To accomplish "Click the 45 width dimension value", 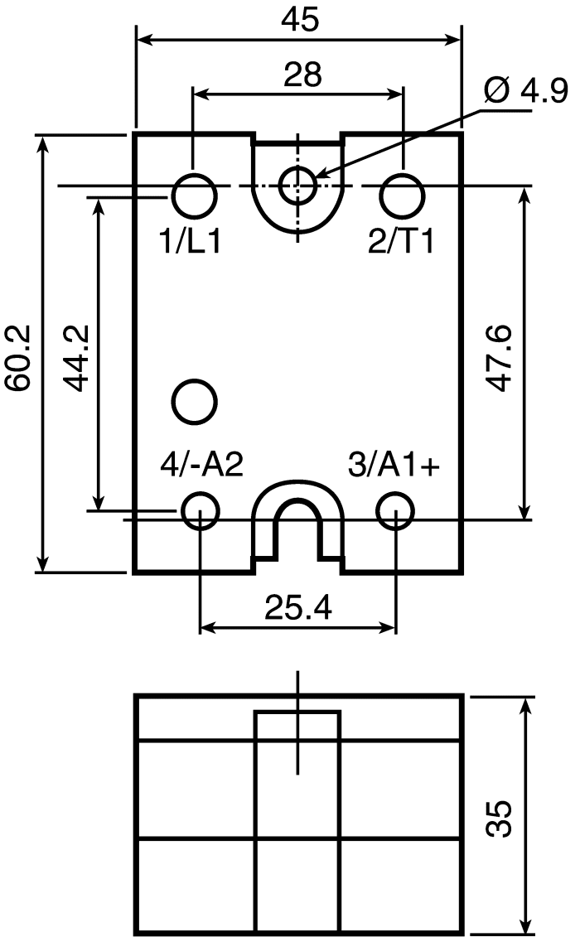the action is click(301, 20).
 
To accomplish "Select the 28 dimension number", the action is click(302, 75).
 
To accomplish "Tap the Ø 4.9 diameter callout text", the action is click(525, 91).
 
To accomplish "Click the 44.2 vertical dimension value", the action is click(76, 358).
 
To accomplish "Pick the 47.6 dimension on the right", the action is click(497, 358).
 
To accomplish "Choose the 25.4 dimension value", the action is click(298, 608).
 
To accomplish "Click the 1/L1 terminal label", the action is click(190, 242).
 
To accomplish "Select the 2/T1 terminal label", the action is click(401, 242).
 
